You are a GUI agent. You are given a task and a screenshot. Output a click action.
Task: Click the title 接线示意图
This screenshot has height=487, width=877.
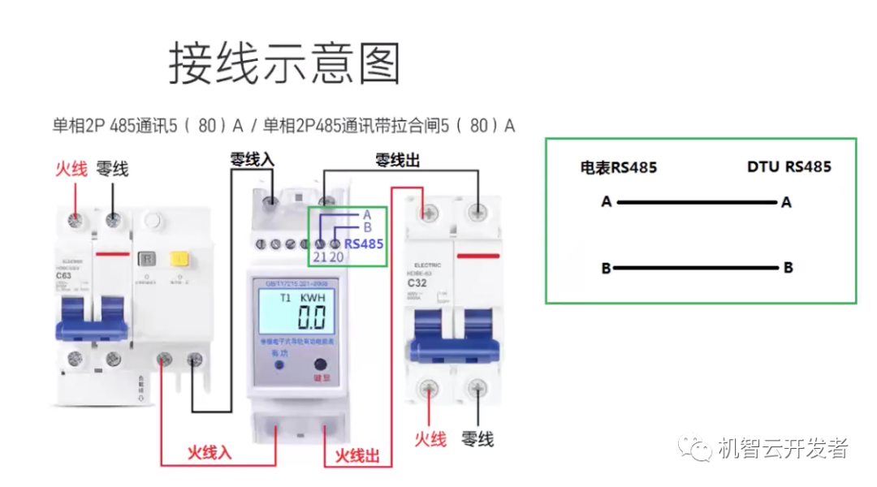(x=284, y=63)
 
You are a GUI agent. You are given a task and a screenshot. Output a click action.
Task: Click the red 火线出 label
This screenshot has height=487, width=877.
(x=357, y=455)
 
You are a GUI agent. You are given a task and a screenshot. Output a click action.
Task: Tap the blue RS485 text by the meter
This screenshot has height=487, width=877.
(x=364, y=243)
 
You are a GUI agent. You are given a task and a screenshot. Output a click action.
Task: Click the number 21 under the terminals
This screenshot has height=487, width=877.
(x=320, y=257)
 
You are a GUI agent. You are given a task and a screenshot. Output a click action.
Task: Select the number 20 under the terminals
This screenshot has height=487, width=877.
(x=336, y=257)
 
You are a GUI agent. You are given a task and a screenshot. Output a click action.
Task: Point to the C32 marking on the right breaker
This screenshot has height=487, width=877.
(x=417, y=283)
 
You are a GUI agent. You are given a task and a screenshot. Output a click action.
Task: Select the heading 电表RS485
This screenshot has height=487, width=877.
(x=618, y=168)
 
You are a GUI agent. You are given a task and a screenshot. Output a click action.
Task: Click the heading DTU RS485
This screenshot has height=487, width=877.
(x=788, y=167)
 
